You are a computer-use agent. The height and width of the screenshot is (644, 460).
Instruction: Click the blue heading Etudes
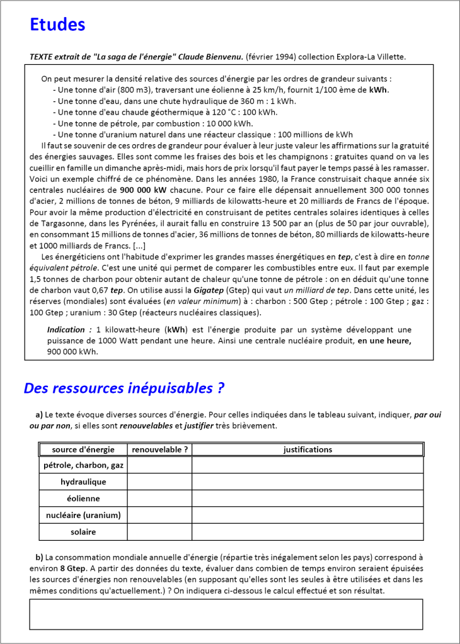tap(57, 25)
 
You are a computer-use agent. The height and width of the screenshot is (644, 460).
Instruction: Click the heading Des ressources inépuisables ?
tap(124, 388)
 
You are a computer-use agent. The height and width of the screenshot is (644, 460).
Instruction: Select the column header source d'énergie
tap(83, 449)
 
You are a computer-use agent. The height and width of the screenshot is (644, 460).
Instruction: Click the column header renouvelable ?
tap(159, 449)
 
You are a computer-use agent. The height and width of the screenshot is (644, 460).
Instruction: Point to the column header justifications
tap(308, 449)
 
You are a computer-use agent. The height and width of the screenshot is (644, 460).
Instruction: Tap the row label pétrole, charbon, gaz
tap(83, 465)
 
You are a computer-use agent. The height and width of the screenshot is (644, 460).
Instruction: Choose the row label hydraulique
tap(83, 482)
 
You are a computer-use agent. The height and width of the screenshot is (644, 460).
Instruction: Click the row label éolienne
tap(83, 498)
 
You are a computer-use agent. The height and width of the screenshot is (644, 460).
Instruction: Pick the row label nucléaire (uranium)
tap(83, 515)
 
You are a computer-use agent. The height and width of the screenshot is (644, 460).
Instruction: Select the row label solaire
tap(83, 532)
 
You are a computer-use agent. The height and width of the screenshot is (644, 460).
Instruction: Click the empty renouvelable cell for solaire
tap(159, 532)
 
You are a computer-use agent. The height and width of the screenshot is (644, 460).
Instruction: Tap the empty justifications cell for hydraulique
tap(308, 482)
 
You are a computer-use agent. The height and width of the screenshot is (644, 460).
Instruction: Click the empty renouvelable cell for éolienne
tap(159, 498)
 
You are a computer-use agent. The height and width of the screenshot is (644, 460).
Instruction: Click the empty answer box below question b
tap(226, 614)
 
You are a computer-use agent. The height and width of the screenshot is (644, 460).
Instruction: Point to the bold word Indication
tap(66, 330)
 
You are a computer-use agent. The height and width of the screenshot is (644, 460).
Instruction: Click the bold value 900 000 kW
tap(143, 189)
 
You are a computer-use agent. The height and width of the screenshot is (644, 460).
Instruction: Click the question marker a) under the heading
tap(39, 415)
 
